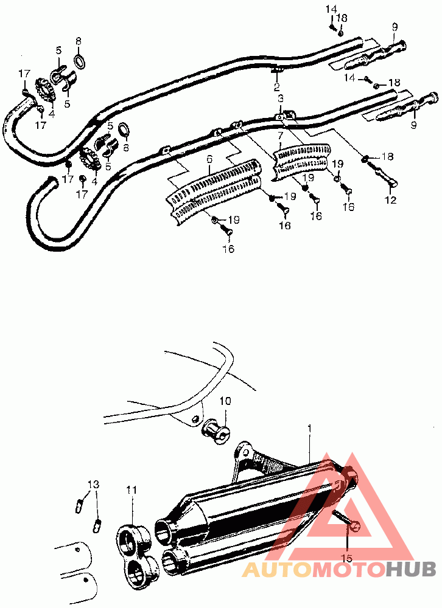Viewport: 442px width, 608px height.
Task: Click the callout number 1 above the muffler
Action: (x=309, y=429)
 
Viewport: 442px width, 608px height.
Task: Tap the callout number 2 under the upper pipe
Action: (x=276, y=87)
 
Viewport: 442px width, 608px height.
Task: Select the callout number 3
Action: (x=281, y=98)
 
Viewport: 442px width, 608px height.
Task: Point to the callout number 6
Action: (x=209, y=159)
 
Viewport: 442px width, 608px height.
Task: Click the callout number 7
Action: (x=281, y=136)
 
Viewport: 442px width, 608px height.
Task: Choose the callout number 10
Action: (x=226, y=401)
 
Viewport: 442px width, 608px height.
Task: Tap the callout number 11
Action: (x=132, y=489)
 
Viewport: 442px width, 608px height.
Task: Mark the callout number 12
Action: (x=391, y=200)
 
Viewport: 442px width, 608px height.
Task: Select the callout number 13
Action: (x=93, y=485)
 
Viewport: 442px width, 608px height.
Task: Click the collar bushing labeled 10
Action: (x=217, y=432)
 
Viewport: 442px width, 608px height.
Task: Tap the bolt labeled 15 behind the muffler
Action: (x=346, y=520)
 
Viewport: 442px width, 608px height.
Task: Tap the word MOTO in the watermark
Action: (x=346, y=570)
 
